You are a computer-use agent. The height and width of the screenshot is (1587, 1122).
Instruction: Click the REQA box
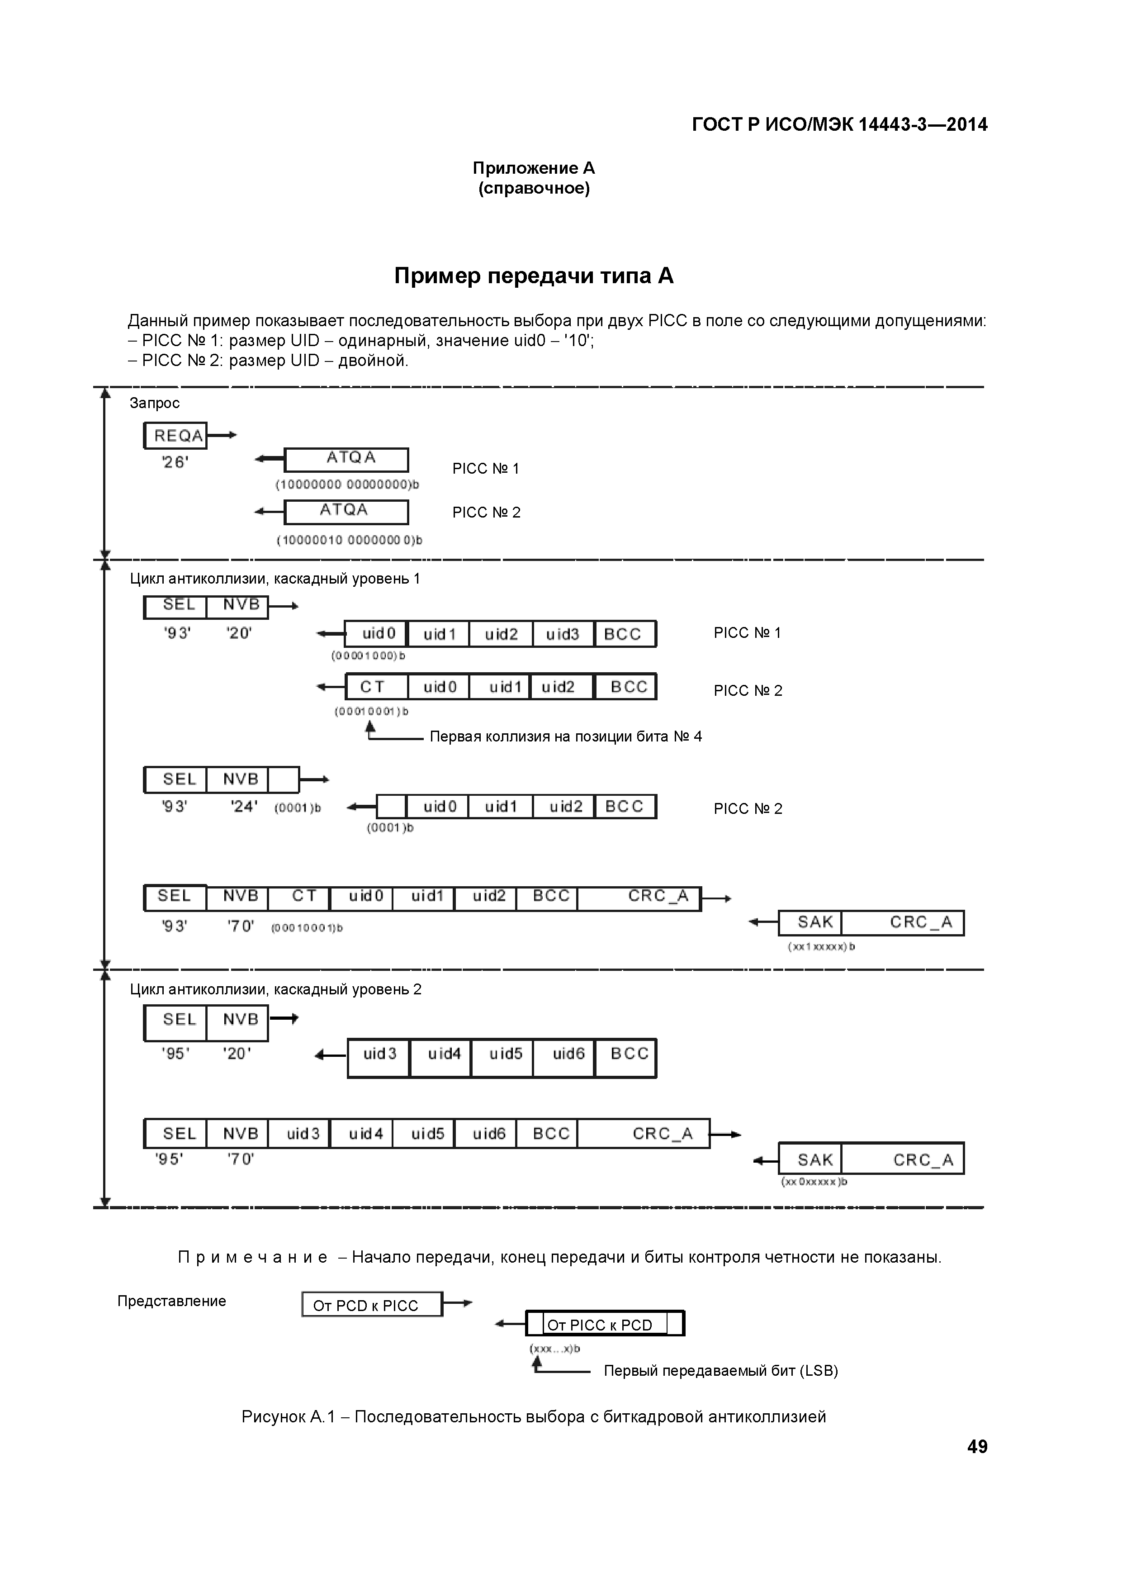(x=175, y=436)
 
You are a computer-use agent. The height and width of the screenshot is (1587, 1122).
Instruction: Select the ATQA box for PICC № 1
(x=346, y=459)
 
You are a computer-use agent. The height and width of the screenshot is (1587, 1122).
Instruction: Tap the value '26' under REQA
(x=175, y=462)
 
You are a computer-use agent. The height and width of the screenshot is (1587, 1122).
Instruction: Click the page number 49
(x=977, y=1446)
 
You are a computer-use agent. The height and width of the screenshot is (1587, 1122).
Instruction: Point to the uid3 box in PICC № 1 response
(x=563, y=634)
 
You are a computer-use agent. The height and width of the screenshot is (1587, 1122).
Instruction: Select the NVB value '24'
(x=244, y=807)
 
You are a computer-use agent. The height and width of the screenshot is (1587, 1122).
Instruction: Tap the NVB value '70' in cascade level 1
(x=241, y=926)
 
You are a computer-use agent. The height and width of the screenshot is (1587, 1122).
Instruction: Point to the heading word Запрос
(x=155, y=403)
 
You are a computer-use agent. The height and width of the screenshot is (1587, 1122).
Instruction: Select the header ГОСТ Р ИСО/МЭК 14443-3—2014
(x=839, y=124)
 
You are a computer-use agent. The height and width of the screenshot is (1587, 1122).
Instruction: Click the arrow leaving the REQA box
(x=223, y=435)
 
